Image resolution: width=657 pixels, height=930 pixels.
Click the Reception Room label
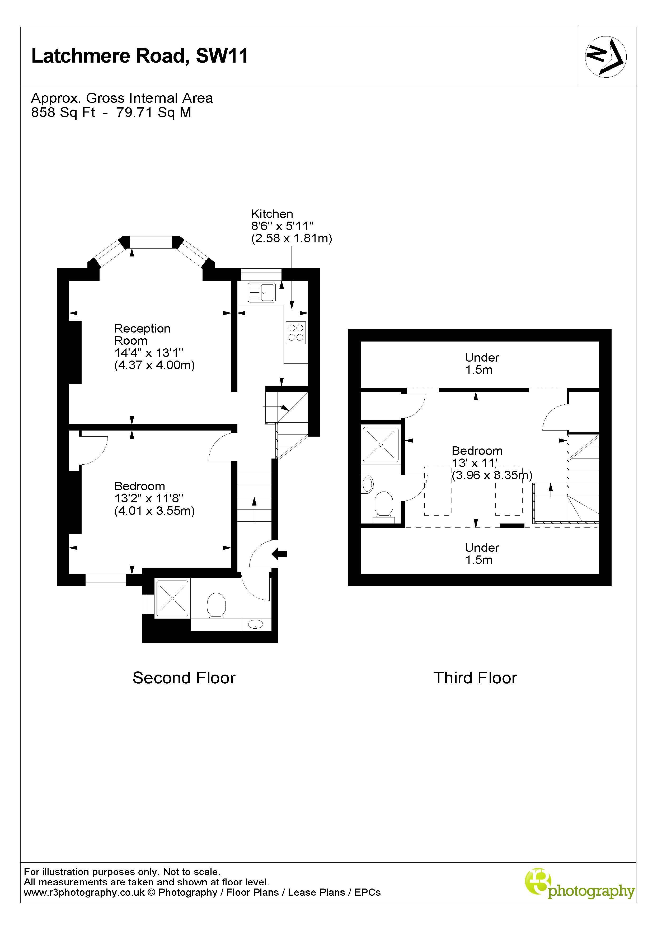point(142,334)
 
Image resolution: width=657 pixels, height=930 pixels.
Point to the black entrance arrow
point(279,554)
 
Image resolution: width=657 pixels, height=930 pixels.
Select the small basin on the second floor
point(256,624)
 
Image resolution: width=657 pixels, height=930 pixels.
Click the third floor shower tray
point(381,444)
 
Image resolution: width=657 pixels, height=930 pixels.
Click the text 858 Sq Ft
point(63,112)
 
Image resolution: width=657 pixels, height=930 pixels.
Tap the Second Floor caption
point(184,678)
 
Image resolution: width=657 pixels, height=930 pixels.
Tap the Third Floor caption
point(475,678)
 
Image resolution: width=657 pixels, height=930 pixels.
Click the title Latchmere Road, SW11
point(139,56)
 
